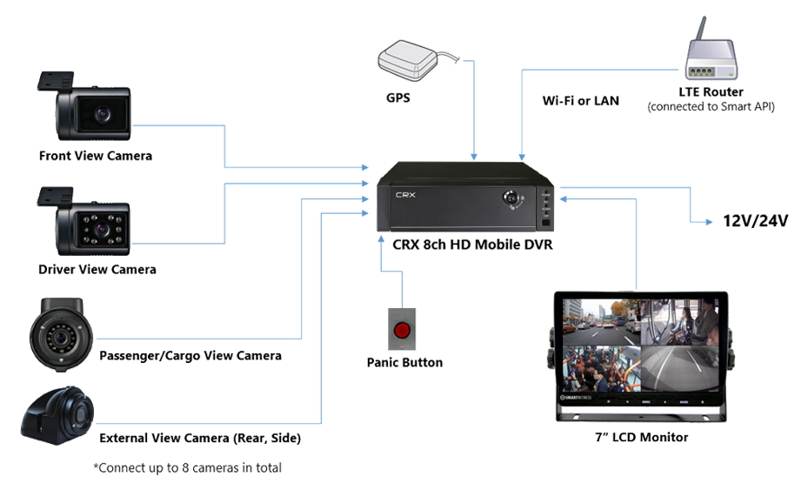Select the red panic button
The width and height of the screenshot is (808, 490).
[403, 331]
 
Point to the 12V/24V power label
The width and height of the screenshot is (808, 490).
[755, 221]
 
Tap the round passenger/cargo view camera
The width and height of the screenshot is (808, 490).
[58, 334]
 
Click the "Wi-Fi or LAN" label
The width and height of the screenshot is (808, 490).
[580, 101]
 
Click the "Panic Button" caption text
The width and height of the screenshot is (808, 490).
[404, 362]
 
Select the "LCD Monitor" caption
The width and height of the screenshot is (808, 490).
[644, 437]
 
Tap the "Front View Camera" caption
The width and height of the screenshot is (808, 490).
[95, 156]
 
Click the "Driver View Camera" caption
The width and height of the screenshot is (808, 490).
[97, 270]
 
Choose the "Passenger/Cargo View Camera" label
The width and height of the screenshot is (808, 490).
[190, 356]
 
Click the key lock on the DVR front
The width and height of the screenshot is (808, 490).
[515, 199]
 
